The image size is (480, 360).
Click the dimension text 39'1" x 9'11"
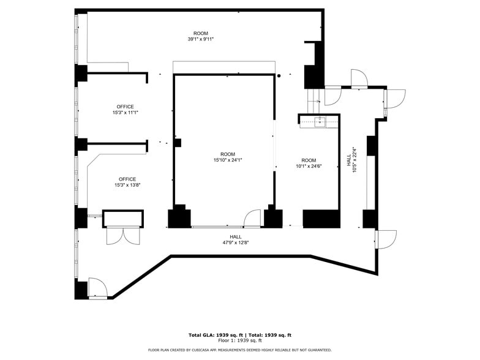(x=200, y=39)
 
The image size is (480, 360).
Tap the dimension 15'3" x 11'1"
(x=126, y=113)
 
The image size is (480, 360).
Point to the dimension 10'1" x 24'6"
(x=309, y=166)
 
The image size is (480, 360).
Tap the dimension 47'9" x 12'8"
(x=235, y=242)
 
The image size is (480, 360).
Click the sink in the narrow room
(x=320, y=122)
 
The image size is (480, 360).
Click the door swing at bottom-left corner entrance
(x=97, y=288)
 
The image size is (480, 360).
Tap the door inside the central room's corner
(x=252, y=219)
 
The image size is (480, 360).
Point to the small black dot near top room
(x=279, y=76)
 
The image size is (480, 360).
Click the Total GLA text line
(x=239, y=335)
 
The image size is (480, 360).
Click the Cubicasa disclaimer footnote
(x=239, y=350)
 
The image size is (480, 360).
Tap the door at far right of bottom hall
(x=386, y=239)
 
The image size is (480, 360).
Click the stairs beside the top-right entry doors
(x=313, y=96)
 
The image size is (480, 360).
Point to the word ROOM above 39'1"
(x=200, y=33)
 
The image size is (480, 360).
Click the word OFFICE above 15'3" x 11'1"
(x=126, y=107)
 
